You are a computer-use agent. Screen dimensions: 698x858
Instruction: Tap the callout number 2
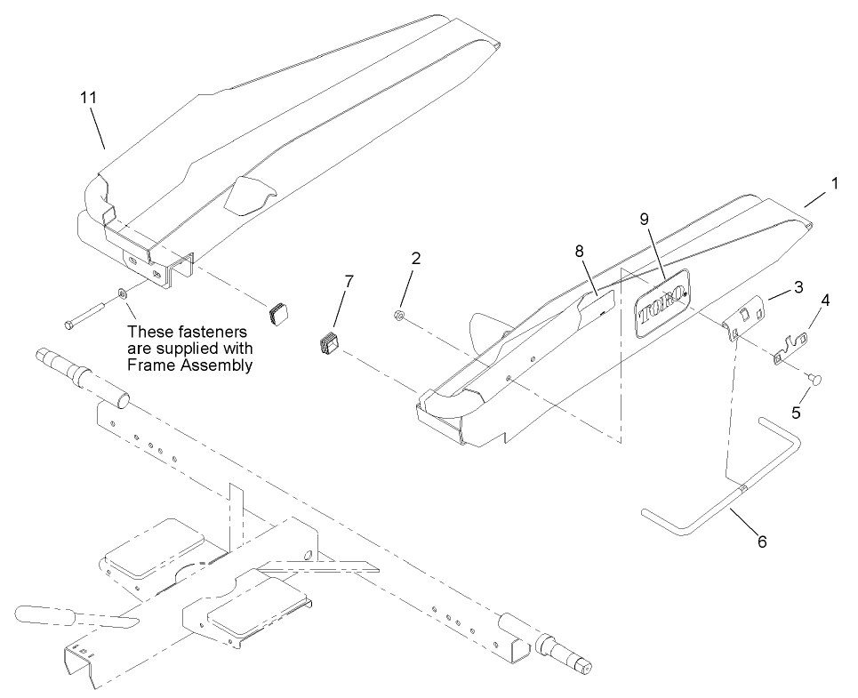point(416,259)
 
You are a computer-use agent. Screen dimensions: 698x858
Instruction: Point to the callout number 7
point(349,281)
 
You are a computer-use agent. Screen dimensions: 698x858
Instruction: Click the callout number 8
point(580,252)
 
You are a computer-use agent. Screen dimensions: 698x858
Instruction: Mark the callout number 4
point(826,301)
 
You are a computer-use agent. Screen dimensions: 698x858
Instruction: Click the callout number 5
point(797,413)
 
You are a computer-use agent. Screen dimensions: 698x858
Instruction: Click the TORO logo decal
point(664,308)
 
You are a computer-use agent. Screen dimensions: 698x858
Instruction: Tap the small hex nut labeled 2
point(400,315)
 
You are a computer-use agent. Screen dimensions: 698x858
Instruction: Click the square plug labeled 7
point(330,342)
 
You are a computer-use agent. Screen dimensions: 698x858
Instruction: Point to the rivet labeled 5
point(814,380)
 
